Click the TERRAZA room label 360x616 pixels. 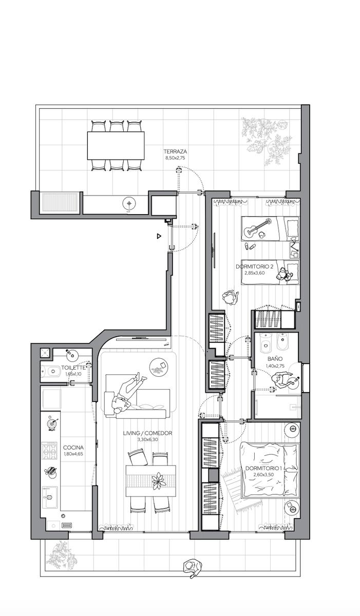[x=175, y=151]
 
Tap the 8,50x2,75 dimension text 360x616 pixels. [x=175, y=158]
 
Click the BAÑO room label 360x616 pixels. [x=275, y=359]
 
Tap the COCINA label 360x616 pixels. [x=73, y=448]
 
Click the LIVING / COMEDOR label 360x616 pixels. [x=148, y=433]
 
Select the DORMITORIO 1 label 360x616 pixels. [x=264, y=468]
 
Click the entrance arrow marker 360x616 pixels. [x=159, y=236]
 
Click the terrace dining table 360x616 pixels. [x=116, y=145]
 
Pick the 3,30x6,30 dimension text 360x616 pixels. [x=148, y=439]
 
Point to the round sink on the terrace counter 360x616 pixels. [x=129, y=203]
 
